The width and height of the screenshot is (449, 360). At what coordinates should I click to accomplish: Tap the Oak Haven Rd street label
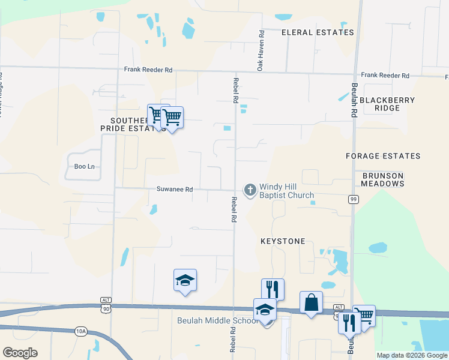point(261,52)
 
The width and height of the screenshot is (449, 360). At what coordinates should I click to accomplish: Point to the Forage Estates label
point(383,156)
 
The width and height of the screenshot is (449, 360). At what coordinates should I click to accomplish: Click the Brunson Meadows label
point(383,179)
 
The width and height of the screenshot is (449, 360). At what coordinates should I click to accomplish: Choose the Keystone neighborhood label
point(283,241)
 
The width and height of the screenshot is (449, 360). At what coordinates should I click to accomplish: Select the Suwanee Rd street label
point(175,189)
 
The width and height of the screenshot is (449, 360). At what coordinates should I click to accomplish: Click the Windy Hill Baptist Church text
point(286,191)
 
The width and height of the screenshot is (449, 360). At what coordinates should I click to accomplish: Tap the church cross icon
point(250,190)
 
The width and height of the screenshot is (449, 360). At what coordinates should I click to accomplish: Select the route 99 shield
point(354,199)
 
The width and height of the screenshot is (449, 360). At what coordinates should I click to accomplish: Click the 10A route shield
point(81,331)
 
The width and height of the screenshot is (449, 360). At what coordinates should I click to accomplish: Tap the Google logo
point(20,353)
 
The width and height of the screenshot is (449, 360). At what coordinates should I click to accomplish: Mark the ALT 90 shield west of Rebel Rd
point(106,305)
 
